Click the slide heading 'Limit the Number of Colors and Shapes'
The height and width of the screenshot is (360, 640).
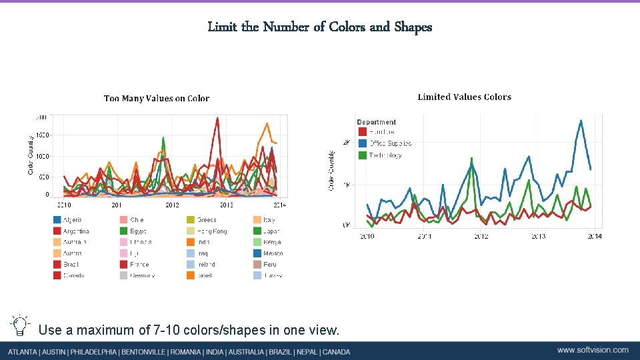coord(319,27)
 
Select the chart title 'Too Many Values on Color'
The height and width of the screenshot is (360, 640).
coord(157,99)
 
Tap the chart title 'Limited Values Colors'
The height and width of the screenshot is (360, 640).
coord(464,97)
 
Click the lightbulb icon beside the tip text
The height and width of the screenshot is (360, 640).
coord(20,325)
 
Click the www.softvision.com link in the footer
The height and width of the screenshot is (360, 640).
coord(593,350)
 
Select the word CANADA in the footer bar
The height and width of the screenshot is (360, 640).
coord(336,351)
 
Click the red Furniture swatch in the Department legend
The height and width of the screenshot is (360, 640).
coord(362,132)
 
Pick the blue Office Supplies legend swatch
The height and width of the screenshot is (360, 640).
coord(362,143)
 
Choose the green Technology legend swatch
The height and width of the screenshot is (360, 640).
coord(362,155)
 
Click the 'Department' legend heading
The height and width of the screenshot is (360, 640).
coord(377,122)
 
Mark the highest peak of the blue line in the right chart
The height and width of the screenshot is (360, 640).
coord(581,121)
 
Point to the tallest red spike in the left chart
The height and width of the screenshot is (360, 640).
coord(217,118)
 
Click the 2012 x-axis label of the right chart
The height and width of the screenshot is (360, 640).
coord(481,236)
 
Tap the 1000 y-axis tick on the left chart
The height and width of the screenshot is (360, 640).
coord(41,156)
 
